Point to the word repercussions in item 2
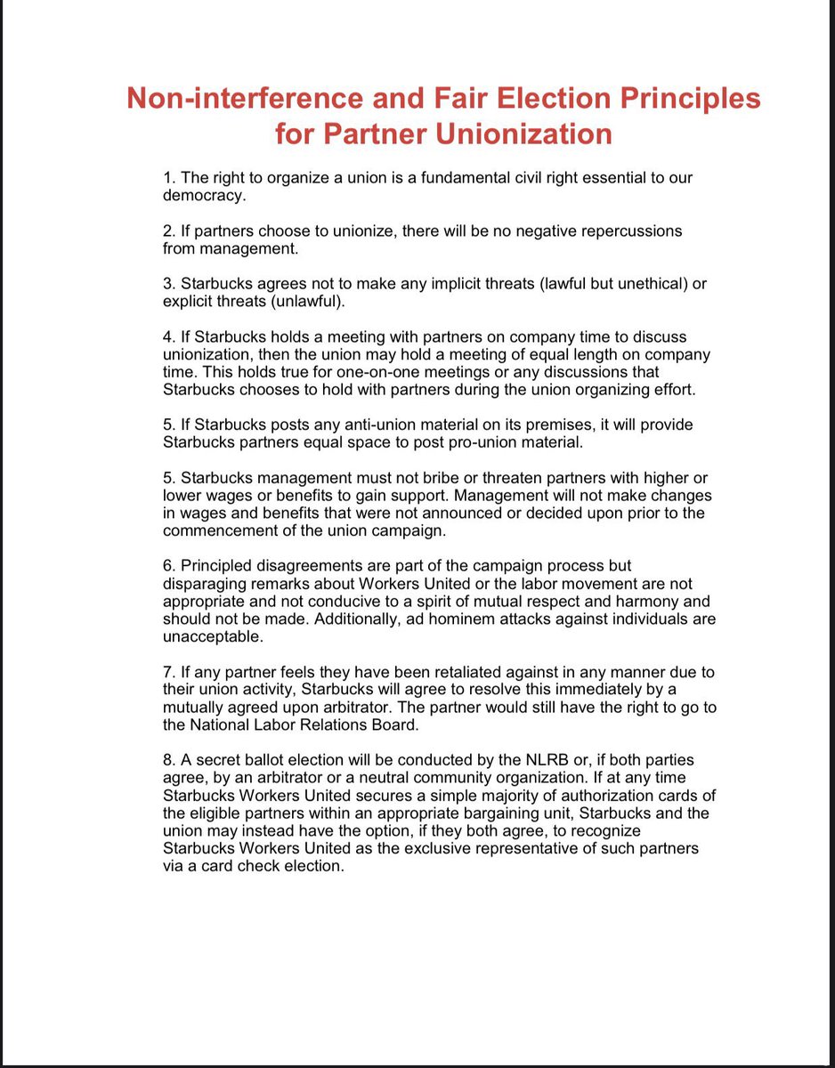click(x=628, y=231)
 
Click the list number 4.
click(x=169, y=336)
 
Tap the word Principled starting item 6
click(x=222, y=566)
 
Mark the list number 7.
click(x=169, y=672)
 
